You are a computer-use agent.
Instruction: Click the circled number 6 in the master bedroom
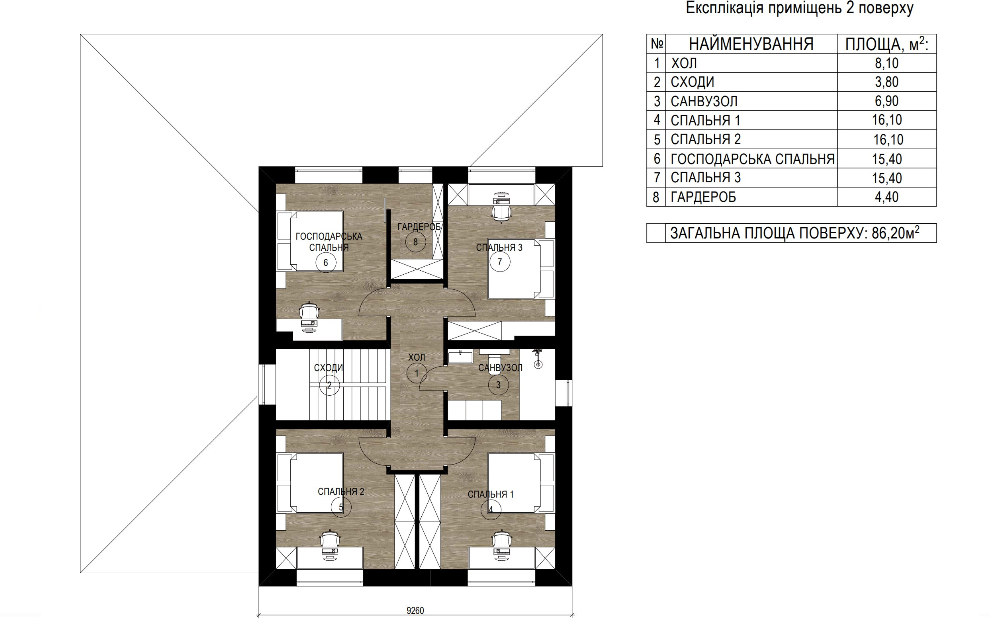tap(326, 262)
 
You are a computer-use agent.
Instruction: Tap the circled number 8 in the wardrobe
tap(415, 242)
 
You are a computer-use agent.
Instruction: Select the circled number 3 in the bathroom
tap(498, 385)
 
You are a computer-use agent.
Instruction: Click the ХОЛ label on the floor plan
tap(417, 357)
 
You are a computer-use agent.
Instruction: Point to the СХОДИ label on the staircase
tap(329, 367)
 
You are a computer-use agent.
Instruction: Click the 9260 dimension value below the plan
tap(415, 611)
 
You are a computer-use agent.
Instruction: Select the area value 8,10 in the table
tap(887, 63)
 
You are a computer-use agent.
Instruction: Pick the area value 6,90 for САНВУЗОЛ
tap(887, 101)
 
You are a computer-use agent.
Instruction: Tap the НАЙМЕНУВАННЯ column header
tap(751, 44)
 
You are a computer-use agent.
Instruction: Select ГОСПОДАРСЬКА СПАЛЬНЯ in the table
tap(752, 158)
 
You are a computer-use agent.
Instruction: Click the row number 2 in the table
tap(657, 82)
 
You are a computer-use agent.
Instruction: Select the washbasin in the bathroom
tap(460, 357)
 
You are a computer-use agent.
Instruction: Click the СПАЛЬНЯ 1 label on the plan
tap(491, 494)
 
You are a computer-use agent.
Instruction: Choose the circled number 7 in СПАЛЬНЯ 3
tap(499, 262)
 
